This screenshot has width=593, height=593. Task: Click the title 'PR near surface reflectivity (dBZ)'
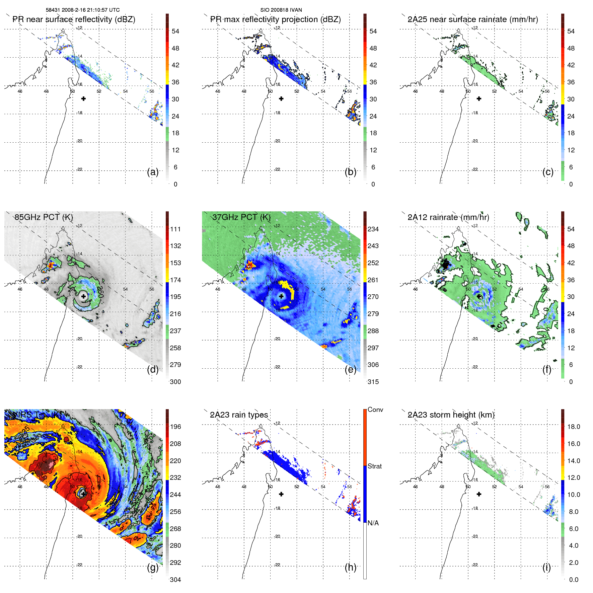pyautogui.click(x=74, y=19)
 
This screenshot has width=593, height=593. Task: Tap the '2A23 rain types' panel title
pyautogui.click(x=239, y=415)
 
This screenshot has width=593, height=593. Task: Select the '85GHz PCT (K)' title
pyautogui.click(x=44, y=217)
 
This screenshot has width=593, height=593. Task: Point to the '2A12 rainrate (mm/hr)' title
pyautogui.click(x=448, y=217)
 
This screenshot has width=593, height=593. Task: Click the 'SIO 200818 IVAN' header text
pyautogui.click(x=281, y=10)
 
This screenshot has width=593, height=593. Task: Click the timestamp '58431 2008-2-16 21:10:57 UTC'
pyautogui.click(x=82, y=10)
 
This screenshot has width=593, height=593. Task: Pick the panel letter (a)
pyautogui.click(x=153, y=172)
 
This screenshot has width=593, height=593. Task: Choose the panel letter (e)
pyautogui.click(x=350, y=369)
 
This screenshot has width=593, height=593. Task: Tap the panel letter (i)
pyautogui.click(x=546, y=567)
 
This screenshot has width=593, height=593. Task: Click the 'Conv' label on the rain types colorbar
pyautogui.click(x=375, y=410)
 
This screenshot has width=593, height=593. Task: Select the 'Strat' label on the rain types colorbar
pyautogui.click(x=374, y=466)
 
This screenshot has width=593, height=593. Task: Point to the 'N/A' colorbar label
pyautogui.click(x=373, y=523)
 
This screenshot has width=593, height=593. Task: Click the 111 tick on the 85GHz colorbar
pyautogui.click(x=175, y=229)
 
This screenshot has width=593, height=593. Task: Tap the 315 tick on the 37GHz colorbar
pyautogui.click(x=373, y=382)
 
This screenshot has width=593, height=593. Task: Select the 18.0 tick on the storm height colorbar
pyautogui.click(x=573, y=427)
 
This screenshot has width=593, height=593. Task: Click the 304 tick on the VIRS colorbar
pyautogui.click(x=175, y=580)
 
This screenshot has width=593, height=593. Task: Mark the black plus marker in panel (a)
pyautogui.click(x=83, y=98)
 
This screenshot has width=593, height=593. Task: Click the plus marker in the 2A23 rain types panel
pyautogui.click(x=281, y=494)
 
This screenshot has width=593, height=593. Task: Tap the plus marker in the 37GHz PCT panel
pyautogui.click(x=281, y=296)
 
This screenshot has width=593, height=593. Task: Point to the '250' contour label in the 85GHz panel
pyautogui.click(x=100, y=292)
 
